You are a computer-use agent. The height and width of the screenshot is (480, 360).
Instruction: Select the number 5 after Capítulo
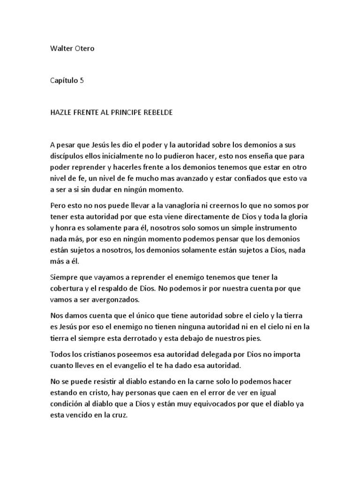click(82, 80)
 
